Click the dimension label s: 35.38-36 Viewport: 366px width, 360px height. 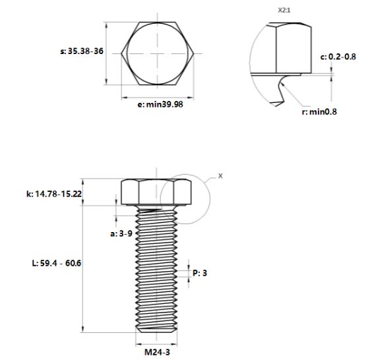tap(80, 51)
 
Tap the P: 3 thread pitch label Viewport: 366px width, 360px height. tap(200, 272)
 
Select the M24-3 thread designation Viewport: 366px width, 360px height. tap(156, 352)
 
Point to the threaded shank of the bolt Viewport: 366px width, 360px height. tap(156, 270)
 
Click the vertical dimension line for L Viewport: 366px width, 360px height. tap(84, 264)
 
